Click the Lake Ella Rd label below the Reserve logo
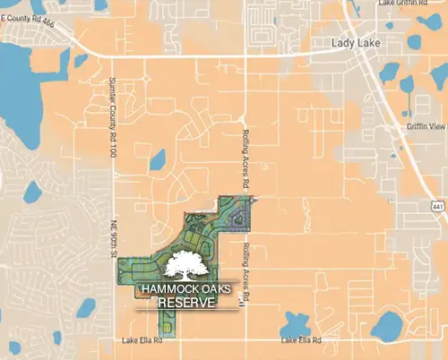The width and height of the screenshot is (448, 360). [x=141, y=341]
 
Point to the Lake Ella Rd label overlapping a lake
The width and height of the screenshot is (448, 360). [x=300, y=341]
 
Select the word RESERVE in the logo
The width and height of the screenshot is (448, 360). [x=187, y=304]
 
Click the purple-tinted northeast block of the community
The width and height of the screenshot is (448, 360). [x=237, y=215]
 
